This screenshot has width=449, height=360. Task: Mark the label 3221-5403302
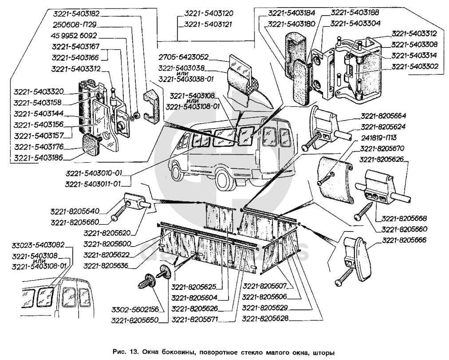(x=414, y=67)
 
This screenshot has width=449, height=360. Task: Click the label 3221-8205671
(x=196, y=319)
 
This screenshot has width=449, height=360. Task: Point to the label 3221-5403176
(x=39, y=147)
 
